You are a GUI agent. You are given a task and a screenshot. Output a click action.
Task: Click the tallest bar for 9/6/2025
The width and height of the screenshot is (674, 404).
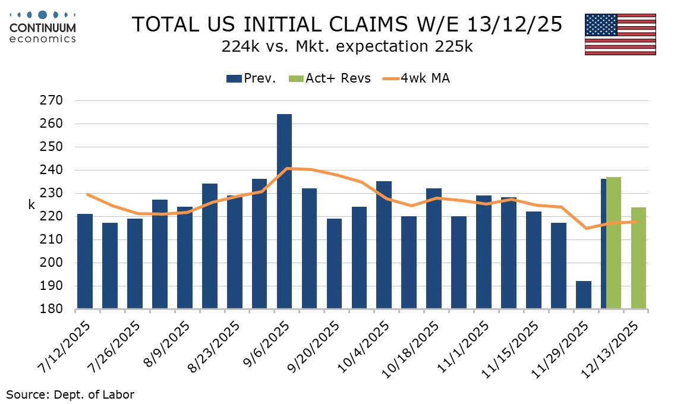pos(284,212)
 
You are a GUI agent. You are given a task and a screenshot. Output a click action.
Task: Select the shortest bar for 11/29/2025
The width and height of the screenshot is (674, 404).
pos(583,295)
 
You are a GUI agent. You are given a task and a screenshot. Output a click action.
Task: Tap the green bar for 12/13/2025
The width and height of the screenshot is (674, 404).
pos(638,258)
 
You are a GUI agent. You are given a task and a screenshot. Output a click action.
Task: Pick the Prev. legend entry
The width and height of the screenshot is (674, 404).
pos(251,78)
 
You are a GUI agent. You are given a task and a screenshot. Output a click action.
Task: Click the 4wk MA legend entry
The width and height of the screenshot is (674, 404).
pos(415,78)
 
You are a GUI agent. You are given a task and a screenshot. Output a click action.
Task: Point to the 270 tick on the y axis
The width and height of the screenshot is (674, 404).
pos(52,100)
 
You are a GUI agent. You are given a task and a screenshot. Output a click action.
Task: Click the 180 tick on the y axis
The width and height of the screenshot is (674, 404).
pos(52,310)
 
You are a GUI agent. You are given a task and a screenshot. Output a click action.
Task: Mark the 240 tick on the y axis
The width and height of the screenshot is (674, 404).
pos(52,170)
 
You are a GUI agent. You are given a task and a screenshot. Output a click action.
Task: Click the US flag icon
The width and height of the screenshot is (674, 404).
pos(620,34)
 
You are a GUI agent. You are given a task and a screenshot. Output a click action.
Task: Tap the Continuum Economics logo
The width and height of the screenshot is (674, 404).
pos(43,27)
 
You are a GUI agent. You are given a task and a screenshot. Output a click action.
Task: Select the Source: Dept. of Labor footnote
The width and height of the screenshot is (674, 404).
pos(70,394)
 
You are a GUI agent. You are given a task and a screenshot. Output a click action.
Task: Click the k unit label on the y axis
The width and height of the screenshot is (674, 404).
pos(32,205)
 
